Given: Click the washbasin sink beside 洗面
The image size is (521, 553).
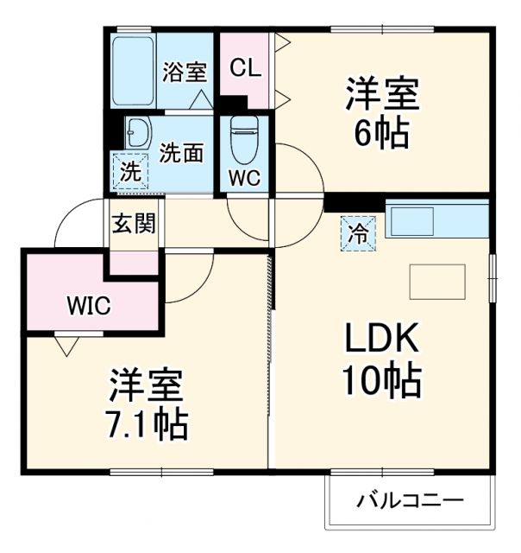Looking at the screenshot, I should click(x=137, y=133).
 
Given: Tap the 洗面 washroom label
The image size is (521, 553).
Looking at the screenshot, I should click(x=182, y=153).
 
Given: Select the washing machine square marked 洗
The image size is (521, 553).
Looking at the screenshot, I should click(x=129, y=170).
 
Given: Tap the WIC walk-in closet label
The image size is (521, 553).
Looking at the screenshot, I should click(x=89, y=305).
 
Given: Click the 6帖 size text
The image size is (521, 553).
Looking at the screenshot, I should click(x=381, y=132).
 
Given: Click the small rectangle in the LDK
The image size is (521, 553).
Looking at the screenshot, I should click(x=437, y=281).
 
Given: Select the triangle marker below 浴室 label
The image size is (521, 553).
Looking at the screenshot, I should click(x=201, y=99).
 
